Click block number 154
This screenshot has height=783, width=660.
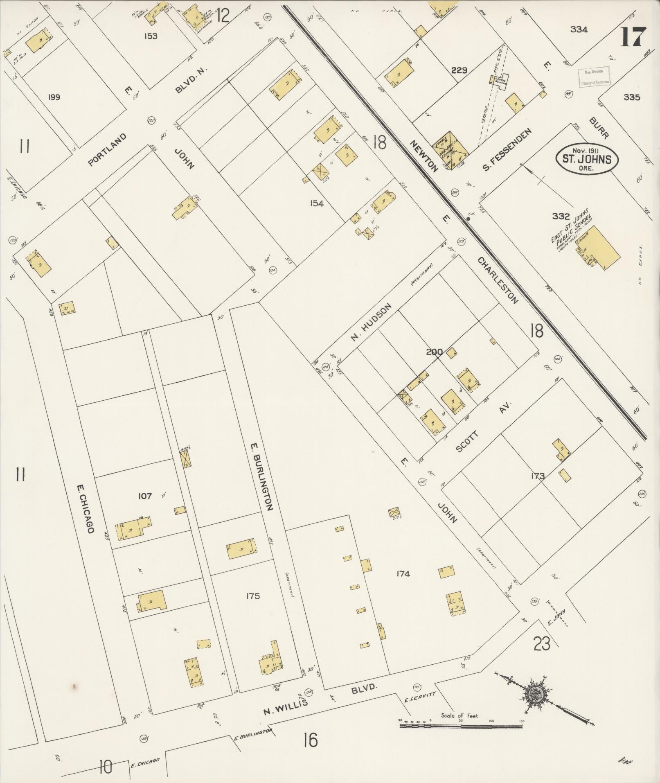(316, 203)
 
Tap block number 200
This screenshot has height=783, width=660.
(434, 351)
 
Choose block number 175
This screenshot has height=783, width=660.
(252, 596)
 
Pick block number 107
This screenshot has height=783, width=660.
(145, 496)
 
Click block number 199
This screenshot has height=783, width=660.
(54, 97)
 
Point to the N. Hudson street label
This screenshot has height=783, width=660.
(371, 322)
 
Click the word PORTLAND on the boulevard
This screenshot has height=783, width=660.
(107, 150)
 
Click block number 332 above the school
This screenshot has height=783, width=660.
(561, 216)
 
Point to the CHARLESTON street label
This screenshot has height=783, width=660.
(498, 280)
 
